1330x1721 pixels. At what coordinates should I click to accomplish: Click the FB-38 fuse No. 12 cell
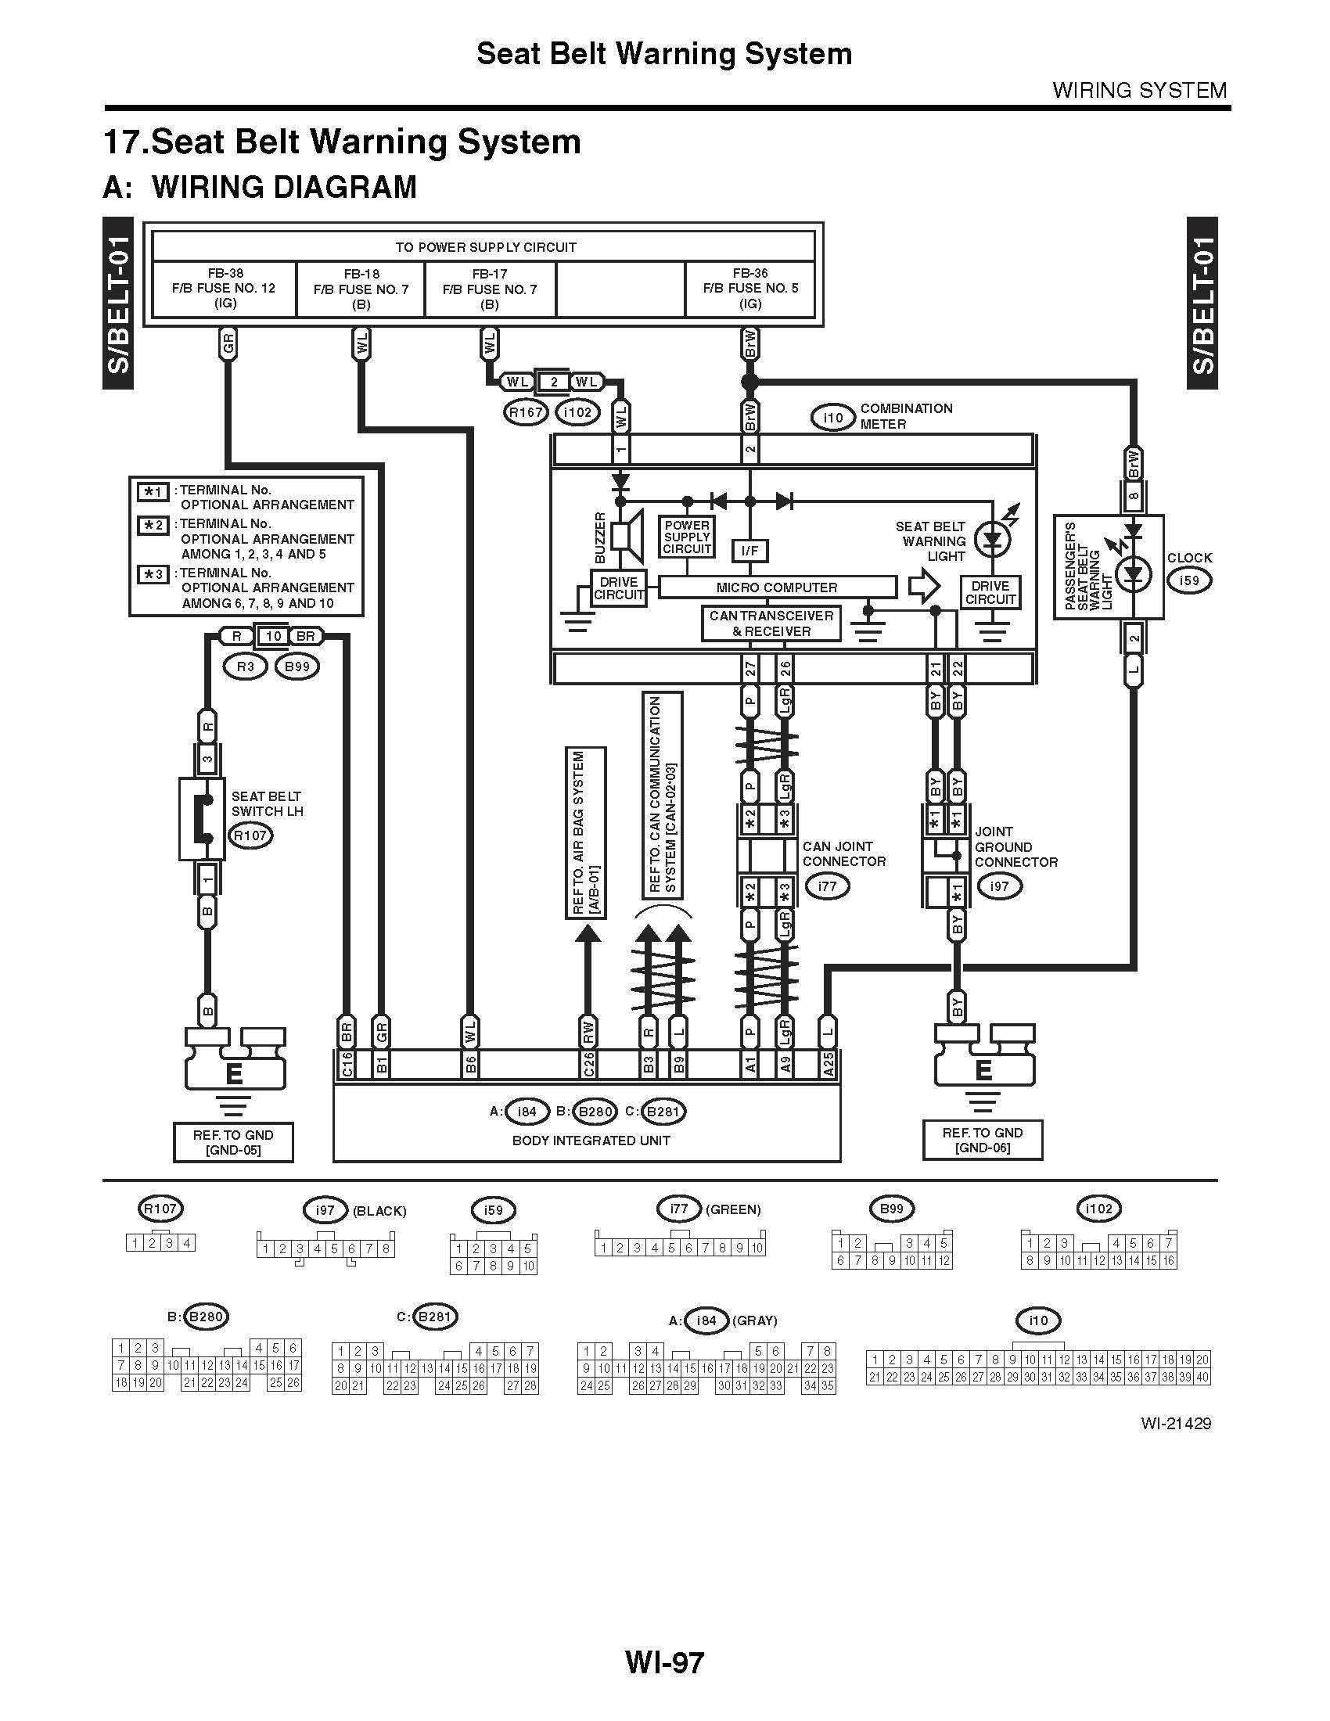tap(225, 289)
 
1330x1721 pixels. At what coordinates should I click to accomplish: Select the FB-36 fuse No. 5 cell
tap(749, 289)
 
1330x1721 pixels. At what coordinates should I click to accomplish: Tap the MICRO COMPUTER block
tap(777, 587)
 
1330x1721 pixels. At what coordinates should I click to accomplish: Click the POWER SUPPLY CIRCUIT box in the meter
tap(687, 537)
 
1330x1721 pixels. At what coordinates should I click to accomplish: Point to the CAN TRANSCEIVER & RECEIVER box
tap(771, 623)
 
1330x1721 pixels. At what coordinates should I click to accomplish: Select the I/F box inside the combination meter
tap(749, 550)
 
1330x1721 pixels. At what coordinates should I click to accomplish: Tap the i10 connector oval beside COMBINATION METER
tap(833, 418)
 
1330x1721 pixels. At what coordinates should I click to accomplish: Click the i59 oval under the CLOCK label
tap(1189, 580)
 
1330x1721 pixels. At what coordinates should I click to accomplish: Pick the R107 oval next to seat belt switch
tap(250, 836)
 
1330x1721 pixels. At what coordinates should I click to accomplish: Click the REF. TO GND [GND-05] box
tap(233, 1142)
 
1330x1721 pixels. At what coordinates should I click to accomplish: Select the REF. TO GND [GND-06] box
tap(983, 1140)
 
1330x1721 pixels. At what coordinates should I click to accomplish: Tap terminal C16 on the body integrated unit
tap(346, 1065)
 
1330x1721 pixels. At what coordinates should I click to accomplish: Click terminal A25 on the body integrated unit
tap(828, 1065)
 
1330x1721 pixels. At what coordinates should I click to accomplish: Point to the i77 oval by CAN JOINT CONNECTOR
tap(826, 886)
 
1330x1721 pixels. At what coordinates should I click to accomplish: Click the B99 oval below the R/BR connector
tap(297, 666)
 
